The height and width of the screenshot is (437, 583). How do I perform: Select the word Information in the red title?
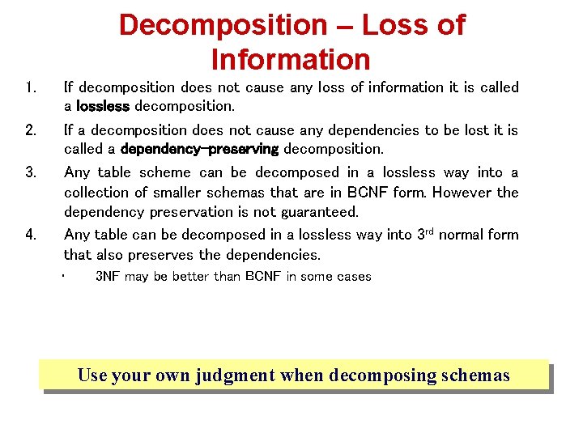point(290,60)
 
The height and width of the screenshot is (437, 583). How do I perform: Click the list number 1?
point(29,87)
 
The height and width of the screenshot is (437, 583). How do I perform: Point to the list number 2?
point(30,130)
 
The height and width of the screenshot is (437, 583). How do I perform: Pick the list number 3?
point(30,173)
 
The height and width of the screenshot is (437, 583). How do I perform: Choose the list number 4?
point(30,235)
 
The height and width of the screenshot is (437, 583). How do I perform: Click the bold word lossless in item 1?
point(103,107)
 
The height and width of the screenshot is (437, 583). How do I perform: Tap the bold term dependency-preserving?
point(199,150)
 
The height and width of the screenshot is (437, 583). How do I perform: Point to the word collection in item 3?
point(100,193)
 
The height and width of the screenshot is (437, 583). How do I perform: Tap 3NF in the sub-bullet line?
point(109,277)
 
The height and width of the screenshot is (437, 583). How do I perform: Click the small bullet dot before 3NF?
point(62,277)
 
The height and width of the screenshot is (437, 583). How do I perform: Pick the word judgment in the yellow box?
point(235,376)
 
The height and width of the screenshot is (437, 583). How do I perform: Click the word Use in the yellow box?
point(91,375)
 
